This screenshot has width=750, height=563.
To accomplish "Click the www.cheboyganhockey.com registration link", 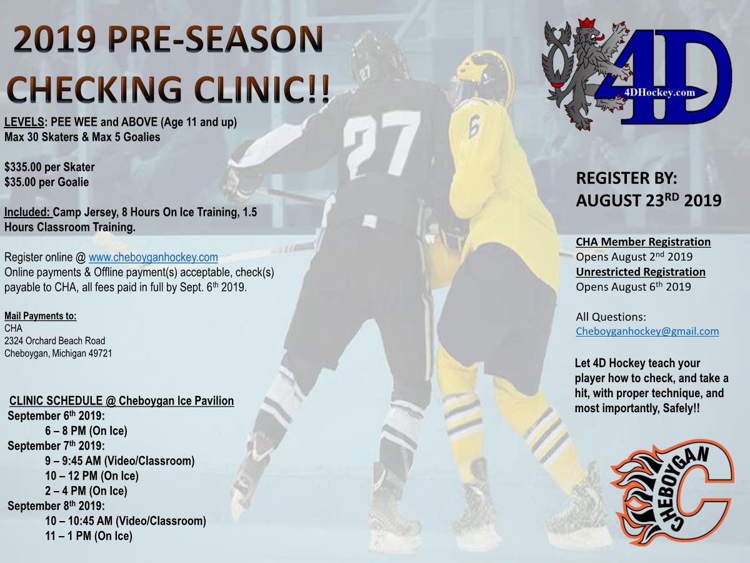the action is (x=153, y=257).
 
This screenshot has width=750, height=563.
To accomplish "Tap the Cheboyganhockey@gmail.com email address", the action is (x=647, y=332).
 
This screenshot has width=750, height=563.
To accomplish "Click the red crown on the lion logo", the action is (x=586, y=24).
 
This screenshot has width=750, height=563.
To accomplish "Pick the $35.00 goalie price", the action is (x=22, y=182).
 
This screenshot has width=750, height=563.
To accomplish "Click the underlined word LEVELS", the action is (x=24, y=122).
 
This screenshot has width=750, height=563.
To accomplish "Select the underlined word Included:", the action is (x=27, y=212).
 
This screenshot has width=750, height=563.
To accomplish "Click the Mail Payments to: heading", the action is (x=41, y=316).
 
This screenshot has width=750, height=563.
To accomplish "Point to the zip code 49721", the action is (x=100, y=353).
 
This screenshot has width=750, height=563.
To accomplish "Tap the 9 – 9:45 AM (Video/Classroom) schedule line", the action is (x=119, y=461).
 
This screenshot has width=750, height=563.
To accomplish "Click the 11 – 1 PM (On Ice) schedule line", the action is (x=89, y=536).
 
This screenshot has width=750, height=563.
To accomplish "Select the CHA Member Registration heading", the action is (x=643, y=241).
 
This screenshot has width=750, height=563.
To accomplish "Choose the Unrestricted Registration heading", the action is (x=641, y=271).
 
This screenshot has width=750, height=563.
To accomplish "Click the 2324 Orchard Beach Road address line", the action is (x=54, y=341).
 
